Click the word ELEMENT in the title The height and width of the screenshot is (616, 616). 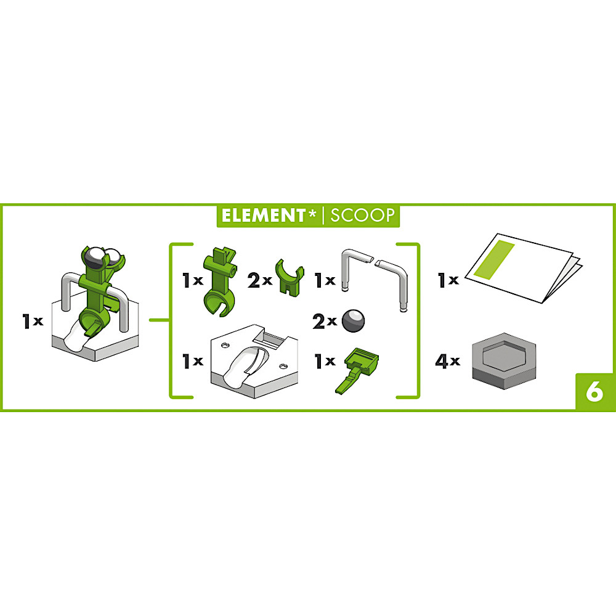point(263,215)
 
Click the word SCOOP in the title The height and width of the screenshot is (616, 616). point(362,215)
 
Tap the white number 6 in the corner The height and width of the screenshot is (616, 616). point(594,392)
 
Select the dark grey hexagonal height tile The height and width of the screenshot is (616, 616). point(504,361)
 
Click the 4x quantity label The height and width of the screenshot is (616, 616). point(447,361)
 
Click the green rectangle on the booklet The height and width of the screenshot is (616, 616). point(494,260)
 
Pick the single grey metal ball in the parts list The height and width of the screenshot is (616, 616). point(353,320)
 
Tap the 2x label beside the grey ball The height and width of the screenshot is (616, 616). point(325,322)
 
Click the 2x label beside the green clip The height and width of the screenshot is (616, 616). point(260,280)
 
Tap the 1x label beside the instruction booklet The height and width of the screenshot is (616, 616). point(448,280)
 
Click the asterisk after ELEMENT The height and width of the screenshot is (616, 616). point(312,213)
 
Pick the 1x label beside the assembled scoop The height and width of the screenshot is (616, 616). point(33,322)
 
